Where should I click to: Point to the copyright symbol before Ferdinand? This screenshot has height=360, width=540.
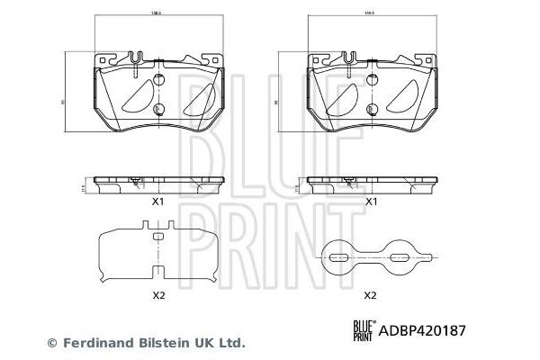(51, 343)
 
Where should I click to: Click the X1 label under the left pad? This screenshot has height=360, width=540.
(156, 202)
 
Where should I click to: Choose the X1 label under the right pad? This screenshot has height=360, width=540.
(369, 202)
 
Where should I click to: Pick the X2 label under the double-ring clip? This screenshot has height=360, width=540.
(369, 294)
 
